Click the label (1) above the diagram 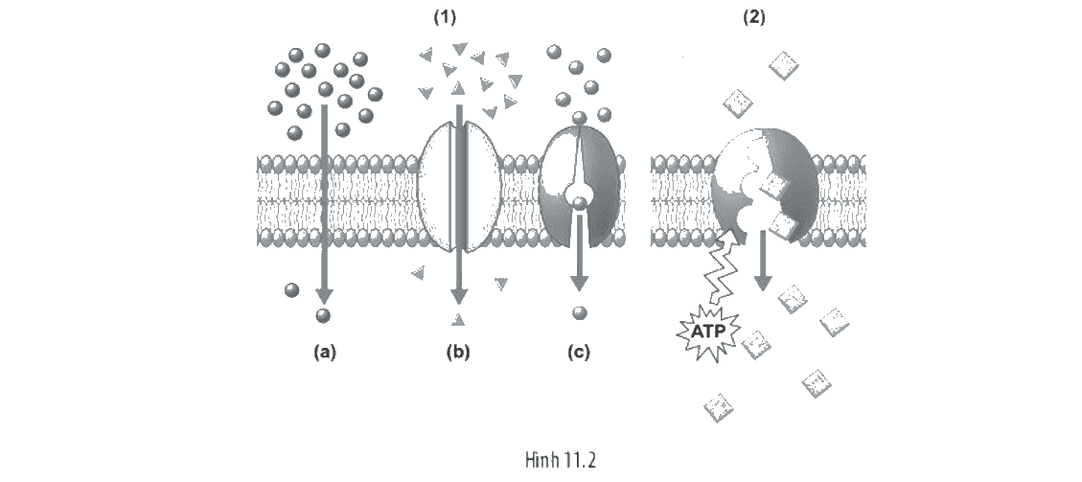[445, 18]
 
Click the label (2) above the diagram [753, 18]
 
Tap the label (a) [324, 353]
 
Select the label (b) [457, 353]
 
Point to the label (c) [578, 353]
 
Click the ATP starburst [707, 332]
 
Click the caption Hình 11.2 [560, 460]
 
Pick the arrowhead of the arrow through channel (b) [457, 295]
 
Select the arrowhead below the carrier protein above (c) [579, 282]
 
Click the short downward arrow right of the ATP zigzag [763, 261]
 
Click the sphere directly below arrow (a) [323, 316]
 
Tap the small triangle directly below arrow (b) [457, 318]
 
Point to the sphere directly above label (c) [580, 313]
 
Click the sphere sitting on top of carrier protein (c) [580, 118]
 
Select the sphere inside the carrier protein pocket [580, 200]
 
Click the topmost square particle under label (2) [784, 66]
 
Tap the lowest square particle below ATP [719, 407]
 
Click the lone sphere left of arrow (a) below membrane [292, 289]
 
